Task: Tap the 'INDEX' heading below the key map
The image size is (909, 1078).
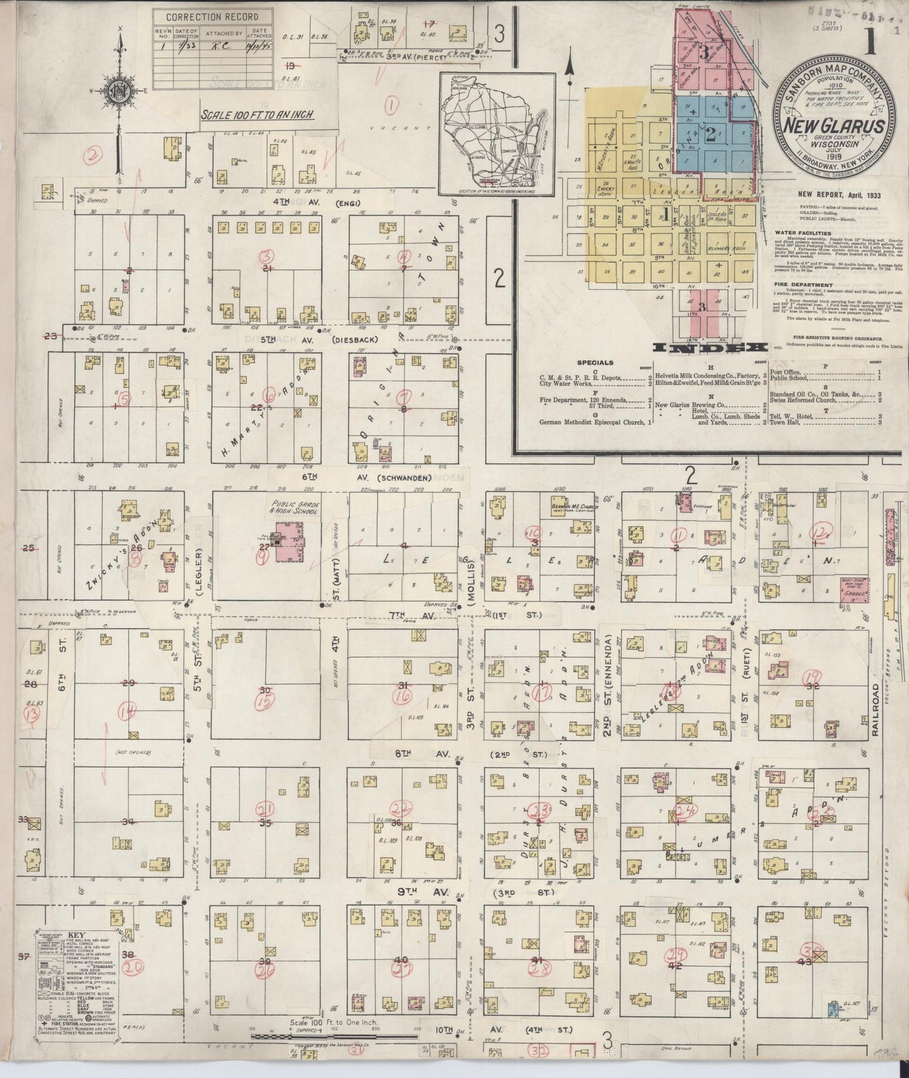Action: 710,348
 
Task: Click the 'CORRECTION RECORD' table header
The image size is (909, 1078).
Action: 214,18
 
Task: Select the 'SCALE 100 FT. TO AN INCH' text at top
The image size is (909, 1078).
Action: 257,115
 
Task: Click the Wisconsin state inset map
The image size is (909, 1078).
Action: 497,134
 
